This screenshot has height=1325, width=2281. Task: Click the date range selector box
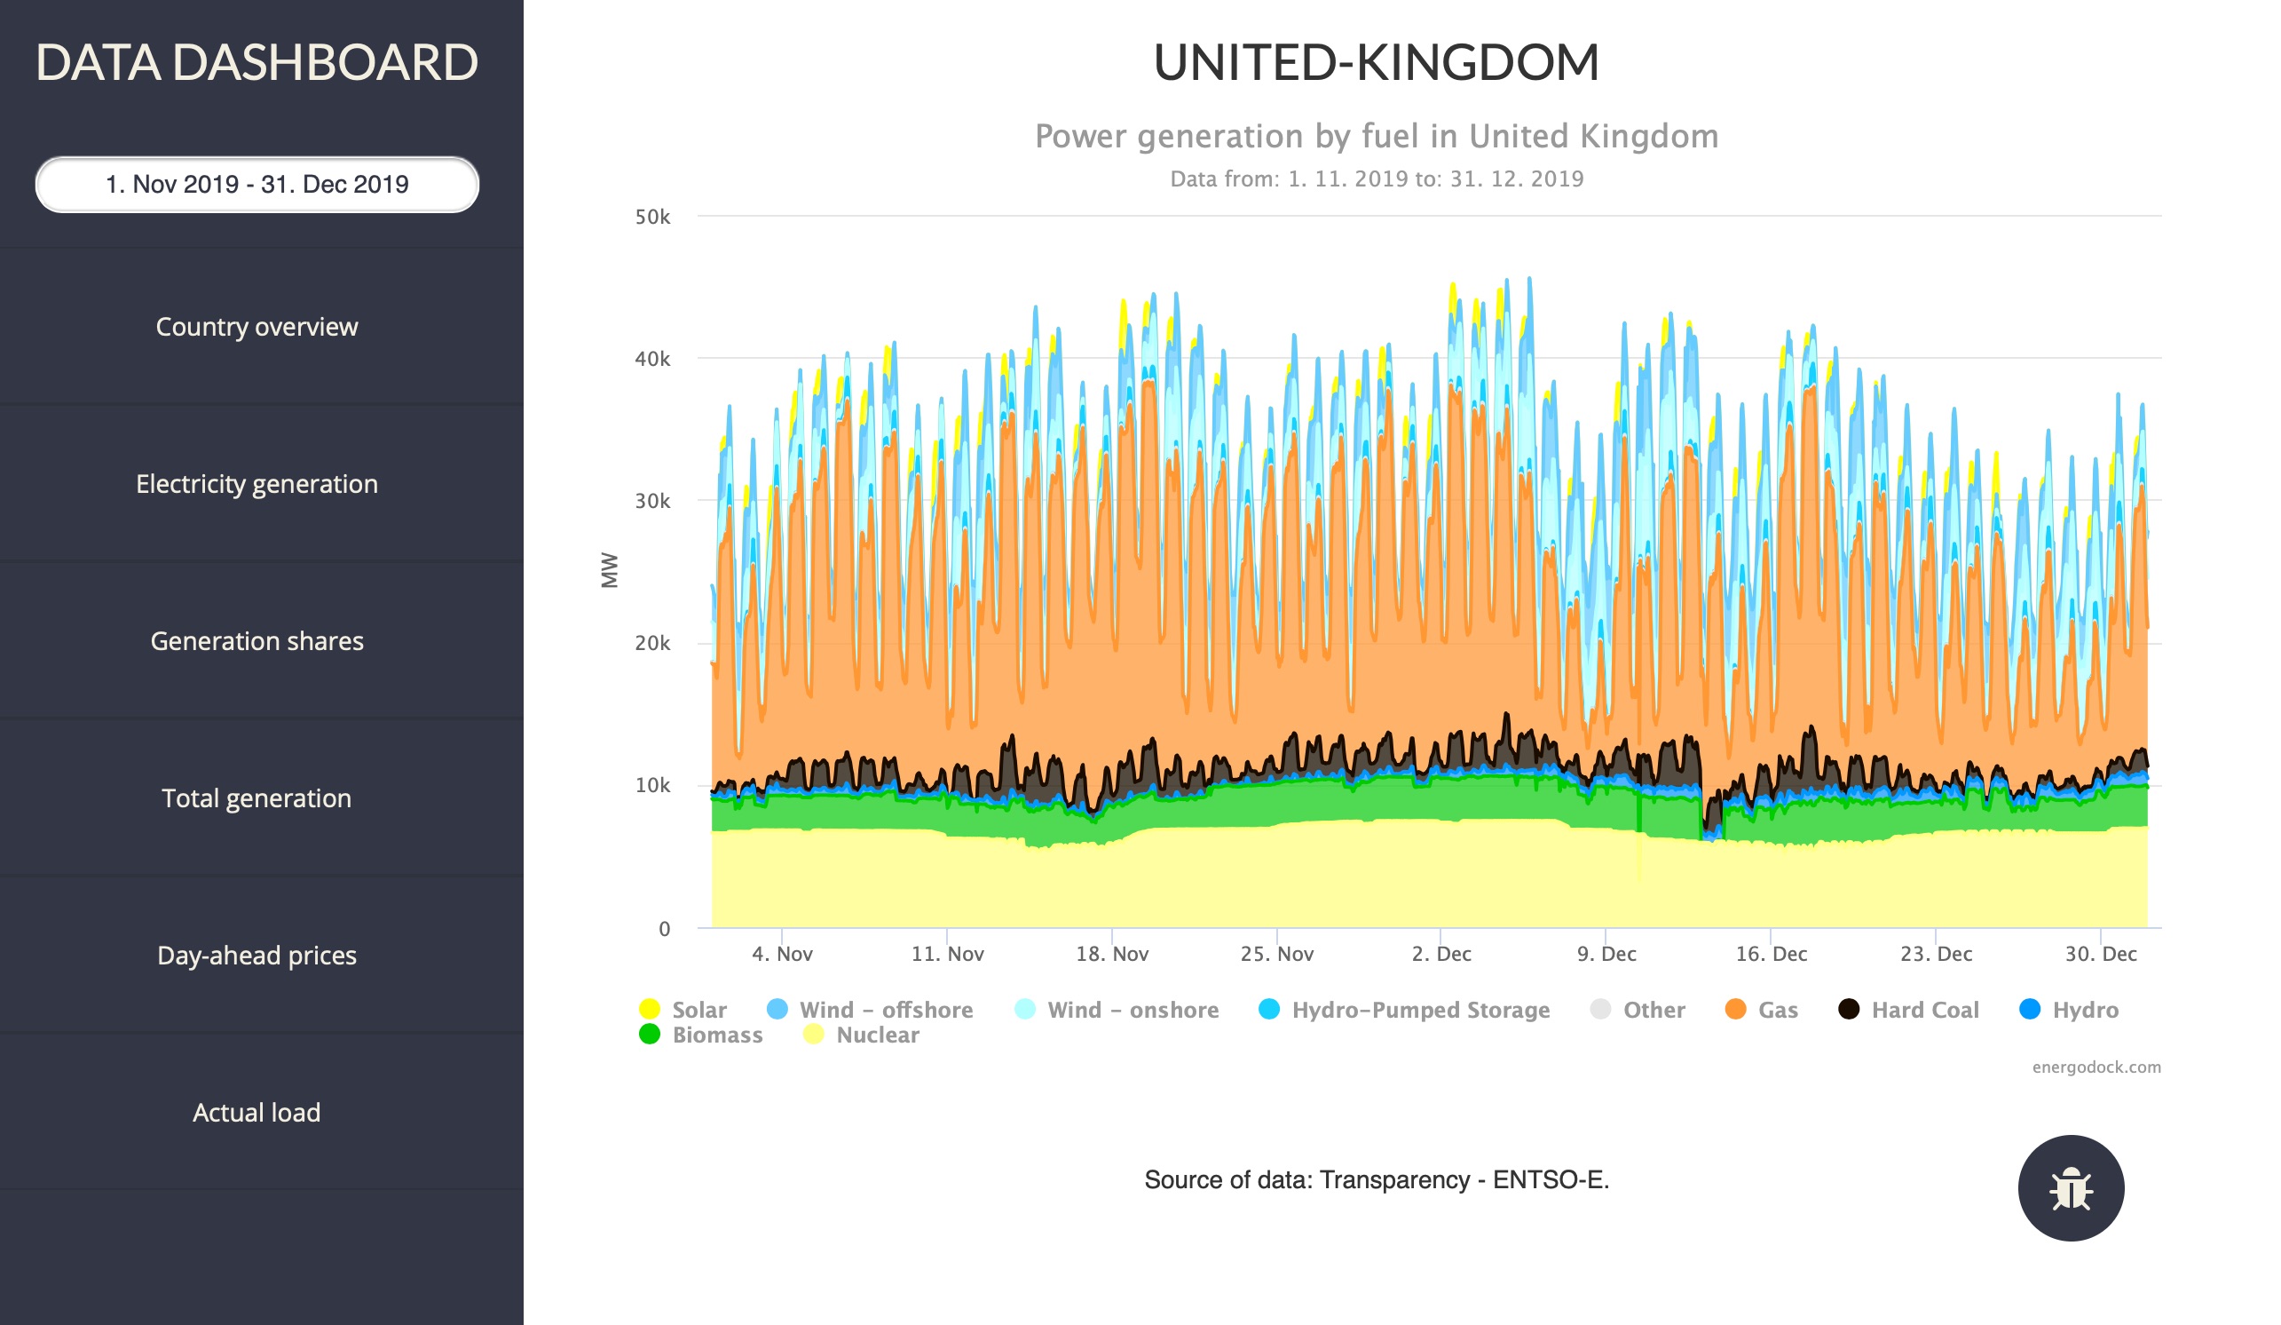(257, 185)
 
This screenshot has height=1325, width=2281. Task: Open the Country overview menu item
(257, 327)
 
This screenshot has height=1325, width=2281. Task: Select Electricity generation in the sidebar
(257, 485)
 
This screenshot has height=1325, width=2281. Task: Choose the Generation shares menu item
(257, 641)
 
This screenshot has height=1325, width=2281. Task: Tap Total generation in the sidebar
(257, 798)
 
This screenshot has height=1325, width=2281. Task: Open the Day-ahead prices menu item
(257, 956)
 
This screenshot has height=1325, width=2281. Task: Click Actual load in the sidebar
(257, 1113)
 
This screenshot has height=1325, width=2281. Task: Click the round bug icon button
(2070, 1188)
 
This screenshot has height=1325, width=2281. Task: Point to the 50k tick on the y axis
(652, 218)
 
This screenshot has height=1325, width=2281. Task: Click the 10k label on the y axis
(652, 786)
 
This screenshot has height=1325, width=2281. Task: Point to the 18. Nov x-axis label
(1111, 954)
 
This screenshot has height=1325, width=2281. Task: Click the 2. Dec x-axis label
(1441, 954)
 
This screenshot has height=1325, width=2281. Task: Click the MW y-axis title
(609, 570)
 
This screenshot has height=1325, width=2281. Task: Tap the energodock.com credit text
(2096, 1067)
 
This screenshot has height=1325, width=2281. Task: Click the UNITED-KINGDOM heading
(1376, 62)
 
